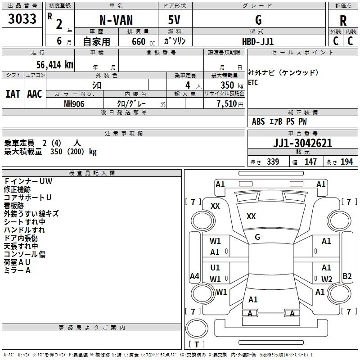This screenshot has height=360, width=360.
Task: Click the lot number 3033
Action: tap(22, 19)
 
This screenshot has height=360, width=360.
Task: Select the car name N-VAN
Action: tap(115, 20)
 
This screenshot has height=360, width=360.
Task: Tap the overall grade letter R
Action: tap(343, 21)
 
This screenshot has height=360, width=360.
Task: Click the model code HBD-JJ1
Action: tap(258, 41)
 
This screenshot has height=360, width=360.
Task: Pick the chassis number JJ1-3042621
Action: tap(303, 143)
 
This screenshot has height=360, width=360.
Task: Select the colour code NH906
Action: tap(74, 103)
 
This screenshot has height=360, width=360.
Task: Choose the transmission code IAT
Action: tap(13, 94)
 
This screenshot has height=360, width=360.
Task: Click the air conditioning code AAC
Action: tap(35, 94)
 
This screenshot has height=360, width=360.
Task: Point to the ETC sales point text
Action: tap(253, 83)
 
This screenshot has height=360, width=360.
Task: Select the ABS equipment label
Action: tap(258, 121)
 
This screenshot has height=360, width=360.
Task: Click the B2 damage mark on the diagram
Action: tap(347, 276)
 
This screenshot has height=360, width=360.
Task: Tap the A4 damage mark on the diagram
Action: tap(194, 276)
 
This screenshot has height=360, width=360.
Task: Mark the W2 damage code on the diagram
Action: tap(327, 279)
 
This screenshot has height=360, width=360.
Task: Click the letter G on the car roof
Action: tap(257, 237)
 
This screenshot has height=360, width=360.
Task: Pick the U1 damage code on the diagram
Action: tap(215, 268)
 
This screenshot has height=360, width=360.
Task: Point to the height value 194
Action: tap(346, 162)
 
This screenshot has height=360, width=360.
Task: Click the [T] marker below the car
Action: tap(196, 345)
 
